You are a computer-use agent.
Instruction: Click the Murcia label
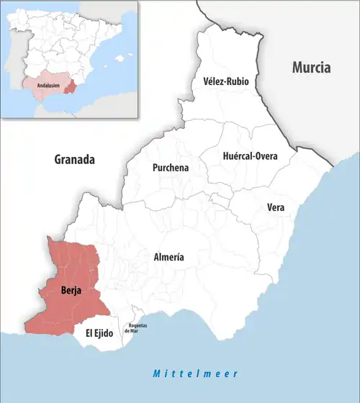pyautogui.click(x=311, y=68)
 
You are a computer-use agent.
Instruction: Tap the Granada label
pyautogui.click(x=75, y=160)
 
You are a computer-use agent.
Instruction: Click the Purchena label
pyautogui.click(x=171, y=168)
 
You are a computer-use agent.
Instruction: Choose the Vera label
pyautogui.click(x=276, y=207)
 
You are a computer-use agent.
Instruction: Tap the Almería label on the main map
pyautogui.click(x=169, y=257)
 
